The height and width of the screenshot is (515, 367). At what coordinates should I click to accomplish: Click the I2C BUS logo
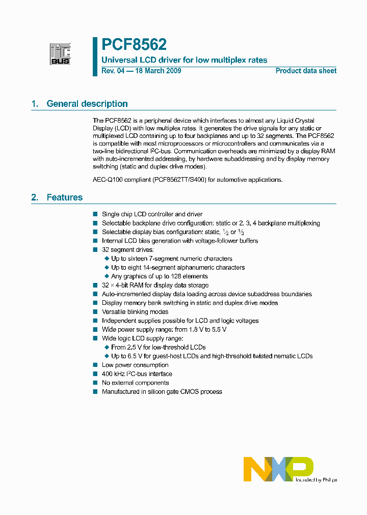pos(60,53)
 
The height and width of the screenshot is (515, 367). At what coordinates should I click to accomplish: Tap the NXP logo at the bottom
pos(278,469)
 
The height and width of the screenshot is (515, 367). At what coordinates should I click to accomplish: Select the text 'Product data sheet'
pos(306,71)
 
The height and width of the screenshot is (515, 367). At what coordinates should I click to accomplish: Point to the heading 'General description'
pos(87,104)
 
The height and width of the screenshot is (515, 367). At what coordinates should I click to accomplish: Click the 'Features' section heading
pos(64,197)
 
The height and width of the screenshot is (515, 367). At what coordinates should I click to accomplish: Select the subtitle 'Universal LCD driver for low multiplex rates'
pos(185,60)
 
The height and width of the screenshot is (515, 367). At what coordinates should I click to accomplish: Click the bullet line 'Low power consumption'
pos(135,365)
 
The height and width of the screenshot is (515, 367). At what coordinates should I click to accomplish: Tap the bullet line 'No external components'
pos(135,383)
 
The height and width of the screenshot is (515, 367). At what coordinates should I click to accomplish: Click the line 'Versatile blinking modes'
pos(135,311)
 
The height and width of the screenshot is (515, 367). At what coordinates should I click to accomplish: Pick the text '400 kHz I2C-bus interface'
pos(137,374)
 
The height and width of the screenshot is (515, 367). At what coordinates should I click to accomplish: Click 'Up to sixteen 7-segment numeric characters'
pos(172,259)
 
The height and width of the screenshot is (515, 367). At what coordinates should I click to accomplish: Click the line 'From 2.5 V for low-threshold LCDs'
pos(159,347)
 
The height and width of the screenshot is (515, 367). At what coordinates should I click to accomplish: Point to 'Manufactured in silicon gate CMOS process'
pos(162,391)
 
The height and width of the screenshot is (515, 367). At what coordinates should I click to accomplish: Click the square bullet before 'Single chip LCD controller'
pos(95,214)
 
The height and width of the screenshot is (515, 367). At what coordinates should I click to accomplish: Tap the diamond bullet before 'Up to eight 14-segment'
pos(107,268)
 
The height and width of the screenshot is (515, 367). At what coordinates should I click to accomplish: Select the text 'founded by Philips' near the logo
pos(316,480)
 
